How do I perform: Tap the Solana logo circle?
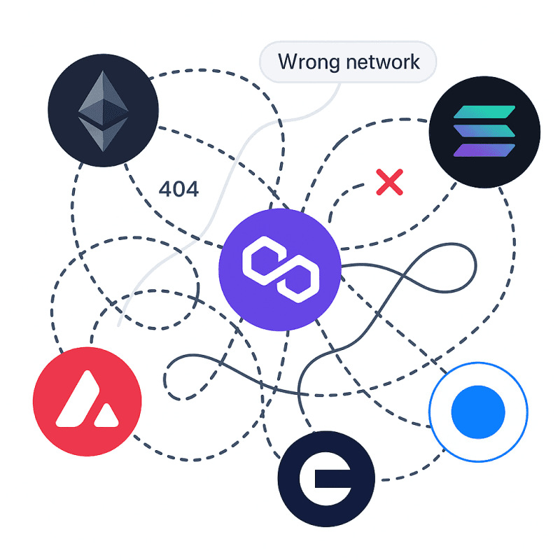(x=484, y=131)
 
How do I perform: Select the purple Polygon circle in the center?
(x=280, y=269)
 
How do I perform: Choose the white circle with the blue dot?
(x=478, y=412)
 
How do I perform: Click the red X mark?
(x=389, y=182)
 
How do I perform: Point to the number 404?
(x=178, y=189)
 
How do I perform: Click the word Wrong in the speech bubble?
(x=305, y=62)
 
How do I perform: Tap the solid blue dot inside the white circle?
(x=478, y=412)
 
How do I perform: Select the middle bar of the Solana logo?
(x=484, y=131)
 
